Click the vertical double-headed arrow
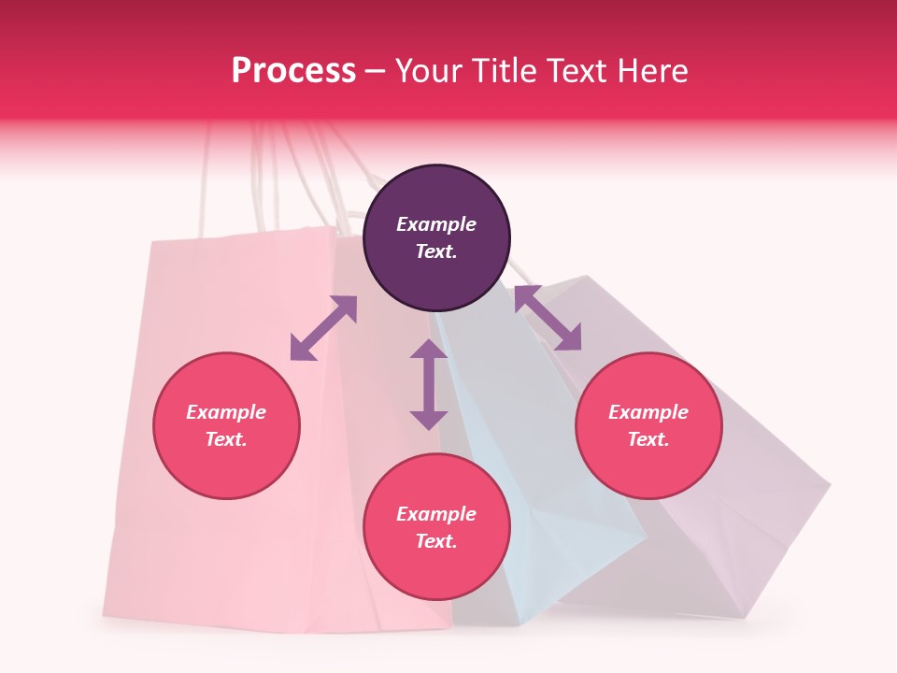click(x=429, y=384)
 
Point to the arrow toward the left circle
click(x=323, y=328)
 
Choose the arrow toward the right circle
click(x=548, y=318)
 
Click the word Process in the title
click(x=293, y=71)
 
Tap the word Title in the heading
click(x=505, y=71)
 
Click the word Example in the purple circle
click(x=436, y=224)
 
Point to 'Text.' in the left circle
click(x=226, y=439)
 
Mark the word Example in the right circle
click(x=648, y=412)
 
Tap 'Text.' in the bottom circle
click(x=436, y=541)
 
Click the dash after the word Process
click(x=376, y=71)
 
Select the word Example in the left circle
click(x=226, y=412)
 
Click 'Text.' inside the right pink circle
click(x=648, y=439)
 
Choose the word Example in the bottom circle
click(x=436, y=514)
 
